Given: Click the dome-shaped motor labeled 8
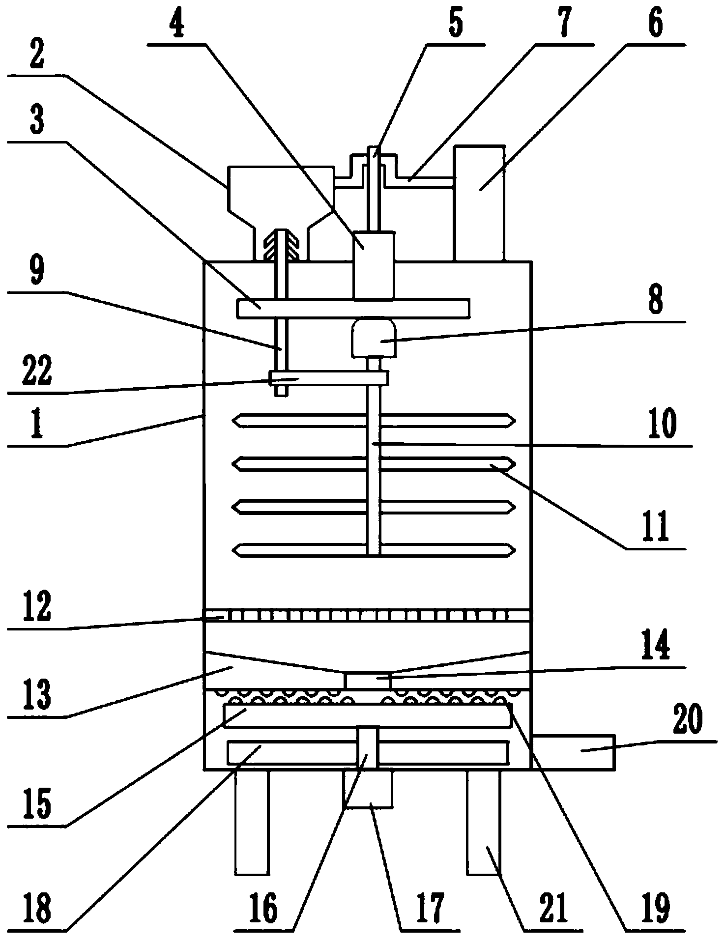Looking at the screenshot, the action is tap(374, 338).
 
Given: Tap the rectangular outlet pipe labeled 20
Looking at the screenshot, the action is tap(573, 750).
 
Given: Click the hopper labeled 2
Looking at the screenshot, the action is tap(281, 197).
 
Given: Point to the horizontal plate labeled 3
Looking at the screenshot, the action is tap(353, 308).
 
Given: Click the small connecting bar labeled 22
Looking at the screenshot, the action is tap(329, 378).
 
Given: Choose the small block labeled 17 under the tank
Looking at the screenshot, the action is tap(369, 788).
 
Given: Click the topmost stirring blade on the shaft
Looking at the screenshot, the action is tap(374, 421).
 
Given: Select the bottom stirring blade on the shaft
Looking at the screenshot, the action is tap(374, 550).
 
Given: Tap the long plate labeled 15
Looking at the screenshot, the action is tap(367, 715).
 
